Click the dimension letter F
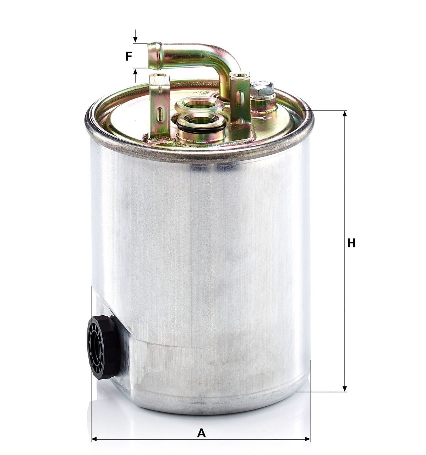pos(129,57)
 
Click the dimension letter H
pos(351,243)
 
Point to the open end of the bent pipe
pos(155,56)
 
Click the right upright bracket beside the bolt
pos(240,98)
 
